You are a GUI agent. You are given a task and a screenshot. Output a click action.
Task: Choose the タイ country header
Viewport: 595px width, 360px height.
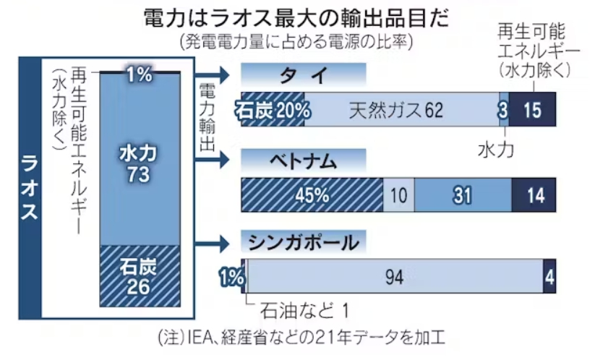(x=304, y=76)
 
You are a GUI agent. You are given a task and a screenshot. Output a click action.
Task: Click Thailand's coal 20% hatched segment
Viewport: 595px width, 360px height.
(x=273, y=109)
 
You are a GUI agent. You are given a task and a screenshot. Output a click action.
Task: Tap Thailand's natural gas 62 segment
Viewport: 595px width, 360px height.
(x=401, y=109)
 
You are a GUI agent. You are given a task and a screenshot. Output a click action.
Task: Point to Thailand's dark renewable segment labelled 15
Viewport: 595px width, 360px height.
(x=533, y=109)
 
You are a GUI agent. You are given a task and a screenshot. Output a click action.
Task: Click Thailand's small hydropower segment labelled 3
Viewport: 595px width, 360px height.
(x=504, y=109)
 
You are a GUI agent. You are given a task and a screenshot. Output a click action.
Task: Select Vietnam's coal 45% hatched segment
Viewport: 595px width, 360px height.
(x=312, y=194)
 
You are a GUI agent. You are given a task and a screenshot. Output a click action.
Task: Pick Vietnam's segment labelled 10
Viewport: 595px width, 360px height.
(x=399, y=194)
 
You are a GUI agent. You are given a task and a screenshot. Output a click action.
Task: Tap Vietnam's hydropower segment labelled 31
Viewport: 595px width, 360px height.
(x=463, y=194)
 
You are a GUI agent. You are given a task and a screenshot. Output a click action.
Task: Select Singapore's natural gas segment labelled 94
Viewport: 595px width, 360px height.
(x=394, y=275)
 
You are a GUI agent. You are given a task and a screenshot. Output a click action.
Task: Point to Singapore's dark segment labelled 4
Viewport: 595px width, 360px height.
(x=549, y=275)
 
